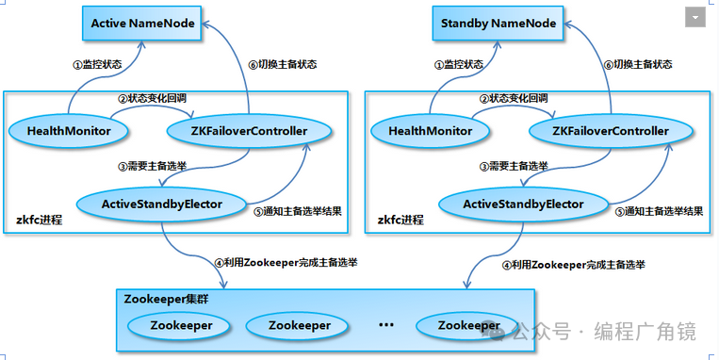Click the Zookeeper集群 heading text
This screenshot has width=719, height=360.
167,299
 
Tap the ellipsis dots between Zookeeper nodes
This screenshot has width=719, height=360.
385,324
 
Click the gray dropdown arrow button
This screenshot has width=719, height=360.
695,18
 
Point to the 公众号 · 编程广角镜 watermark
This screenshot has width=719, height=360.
603,332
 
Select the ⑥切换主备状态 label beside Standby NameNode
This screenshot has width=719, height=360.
638,64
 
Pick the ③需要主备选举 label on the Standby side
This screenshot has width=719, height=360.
513,166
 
